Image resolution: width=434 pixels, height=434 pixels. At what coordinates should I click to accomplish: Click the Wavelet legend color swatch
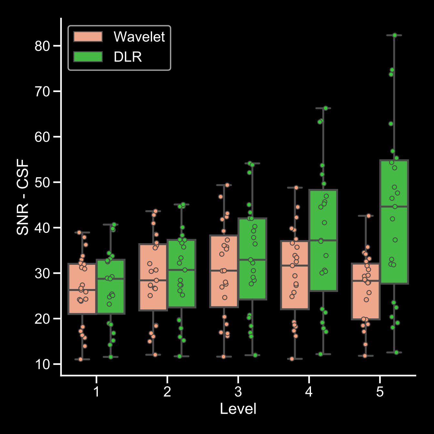pyautogui.click(x=88, y=36)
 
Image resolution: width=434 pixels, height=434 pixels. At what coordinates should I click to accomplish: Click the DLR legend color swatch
pyautogui.click(x=88, y=57)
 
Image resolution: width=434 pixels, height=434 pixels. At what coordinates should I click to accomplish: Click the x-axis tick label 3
pyautogui.click(x=238, y=392)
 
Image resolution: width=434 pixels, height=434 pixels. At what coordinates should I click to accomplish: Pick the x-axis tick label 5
pyautogui.click(x=380, y=392)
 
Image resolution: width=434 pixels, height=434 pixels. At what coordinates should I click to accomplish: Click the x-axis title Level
pyautogui.click(x=238, y=409)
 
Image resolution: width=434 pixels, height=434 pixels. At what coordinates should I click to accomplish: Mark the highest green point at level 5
pyautogui.click(x=395, y=35)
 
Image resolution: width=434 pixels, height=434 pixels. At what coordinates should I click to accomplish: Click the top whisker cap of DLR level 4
pyautogui.click(x=323, y=108)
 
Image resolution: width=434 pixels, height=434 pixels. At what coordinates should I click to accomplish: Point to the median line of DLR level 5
pyautogui.click(x=394, y=206)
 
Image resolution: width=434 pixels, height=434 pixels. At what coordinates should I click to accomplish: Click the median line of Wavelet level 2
pyautogui.click(x=153, y=280)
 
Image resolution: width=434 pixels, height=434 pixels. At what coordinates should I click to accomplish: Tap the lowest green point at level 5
pyautogui.click(x=397, y=353)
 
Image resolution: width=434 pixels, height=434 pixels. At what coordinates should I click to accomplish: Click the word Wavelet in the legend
pyautogui.click(x=139, y=37)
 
